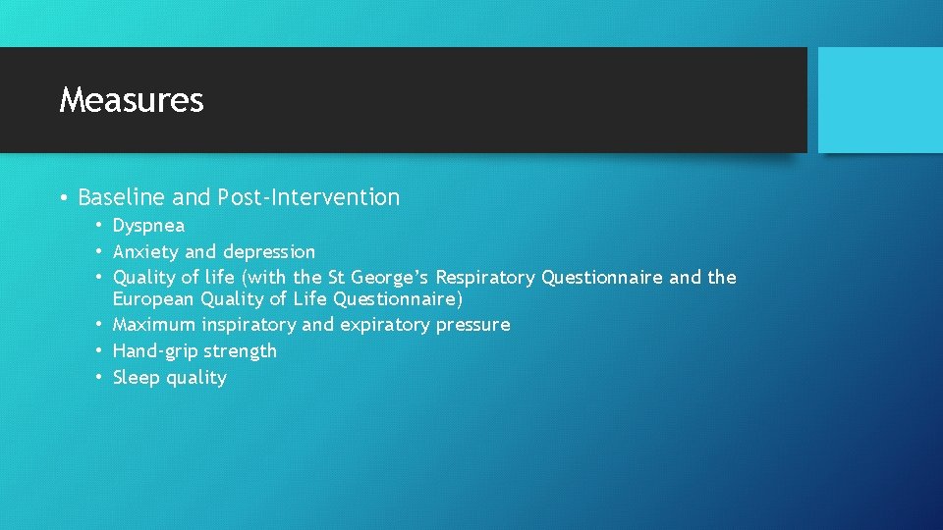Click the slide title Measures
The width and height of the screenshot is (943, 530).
(x=132, y=100)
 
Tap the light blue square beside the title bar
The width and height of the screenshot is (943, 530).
(x=879, y=100)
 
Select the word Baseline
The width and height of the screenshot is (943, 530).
(x=122, y=197)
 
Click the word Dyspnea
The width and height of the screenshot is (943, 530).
(x=148, y=226)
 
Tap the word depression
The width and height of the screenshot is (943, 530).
(x=269, y=252)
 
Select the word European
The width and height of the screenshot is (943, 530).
(x=153, y=298)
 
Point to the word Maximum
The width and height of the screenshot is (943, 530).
(x=155, y=325)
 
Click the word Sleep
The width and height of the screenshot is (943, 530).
(x=135, y=378)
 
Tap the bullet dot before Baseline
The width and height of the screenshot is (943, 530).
(x=63, y=198)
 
